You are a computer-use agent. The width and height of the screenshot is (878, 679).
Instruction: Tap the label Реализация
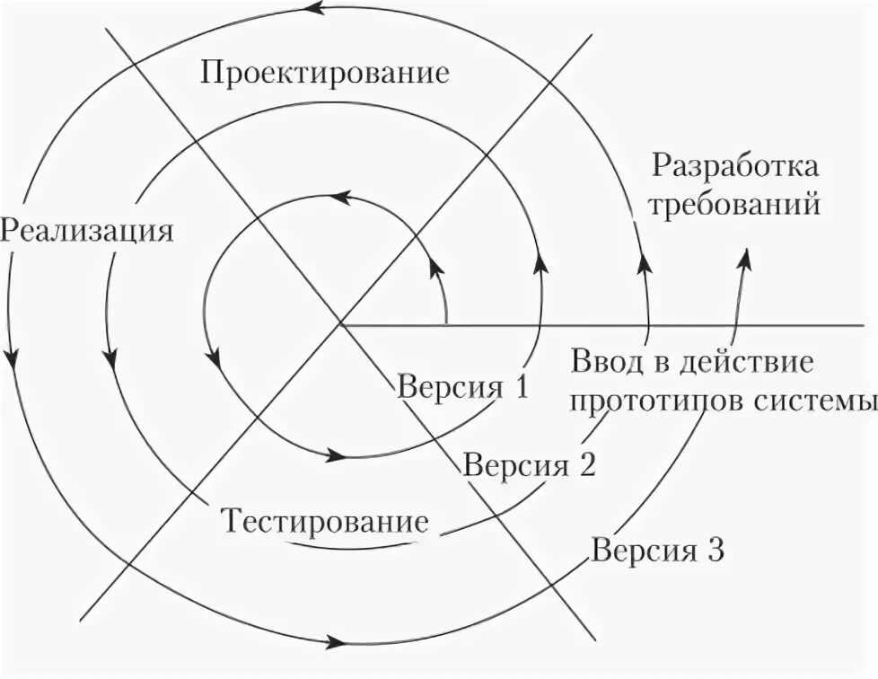[86, 230]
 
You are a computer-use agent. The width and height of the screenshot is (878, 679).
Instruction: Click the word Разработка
[735, 166]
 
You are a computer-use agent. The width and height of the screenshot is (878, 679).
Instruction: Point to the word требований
[735, 205]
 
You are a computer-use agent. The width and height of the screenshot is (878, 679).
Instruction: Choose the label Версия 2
[530, 464]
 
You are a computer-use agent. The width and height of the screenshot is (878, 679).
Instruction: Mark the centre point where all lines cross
[340, 322]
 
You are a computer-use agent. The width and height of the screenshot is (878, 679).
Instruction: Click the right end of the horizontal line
[874, 322]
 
